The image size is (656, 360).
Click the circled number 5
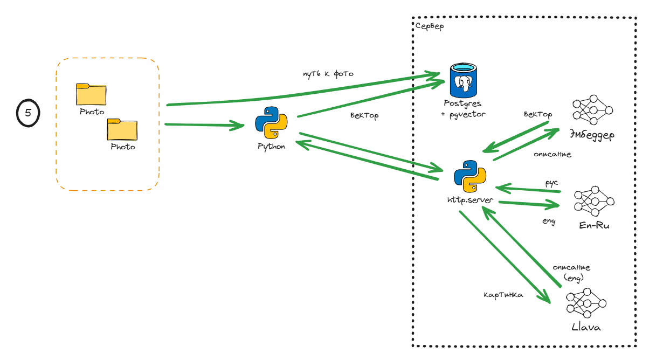(28, 113)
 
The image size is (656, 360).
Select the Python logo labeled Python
(271, 124)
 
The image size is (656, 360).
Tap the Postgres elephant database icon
(464, 81)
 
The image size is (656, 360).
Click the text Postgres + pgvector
(464, 108)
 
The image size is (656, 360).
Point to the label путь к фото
(328, 73)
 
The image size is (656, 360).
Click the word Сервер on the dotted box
(430, 26)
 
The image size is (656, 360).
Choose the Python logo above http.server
(470, 176)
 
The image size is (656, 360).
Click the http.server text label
(470, 200)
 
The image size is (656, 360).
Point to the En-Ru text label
(594, 225)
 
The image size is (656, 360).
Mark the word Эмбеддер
(591, 134)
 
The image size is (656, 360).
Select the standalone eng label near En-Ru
(548, 221)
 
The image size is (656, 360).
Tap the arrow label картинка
(503, 295)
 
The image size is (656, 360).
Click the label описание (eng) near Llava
(571, 272)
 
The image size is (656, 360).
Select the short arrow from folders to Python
(205, 125)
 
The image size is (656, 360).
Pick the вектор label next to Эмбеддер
(537, 114)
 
